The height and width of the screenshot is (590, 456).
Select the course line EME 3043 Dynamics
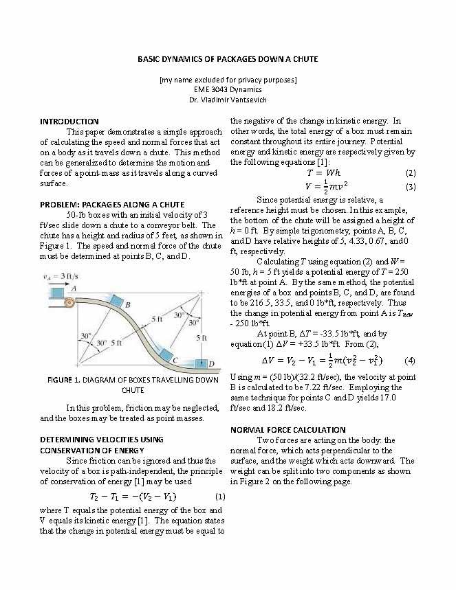tap(228, 90)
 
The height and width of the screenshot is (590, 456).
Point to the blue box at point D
tap(201, 362)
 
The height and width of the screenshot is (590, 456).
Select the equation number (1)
tap(220, 496)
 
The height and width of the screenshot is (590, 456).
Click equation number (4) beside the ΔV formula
tap(410, 361)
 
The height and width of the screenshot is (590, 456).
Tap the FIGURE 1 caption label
tap(62, 380)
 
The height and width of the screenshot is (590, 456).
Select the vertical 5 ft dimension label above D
tap(201, 337)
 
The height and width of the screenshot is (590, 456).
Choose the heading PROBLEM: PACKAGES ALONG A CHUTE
tap(112, 205)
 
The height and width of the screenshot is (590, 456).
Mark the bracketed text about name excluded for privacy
tap(228, 80)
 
